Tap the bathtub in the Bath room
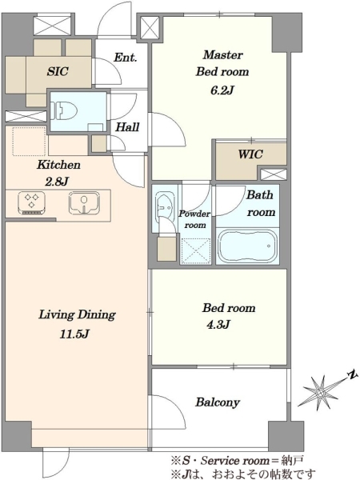coord(247,246)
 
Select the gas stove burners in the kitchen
coord(31,202)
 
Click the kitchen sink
coord(84,202)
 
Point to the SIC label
coord(58,71)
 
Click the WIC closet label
coord(250,154)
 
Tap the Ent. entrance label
coord(126,58)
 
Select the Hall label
coord(127,126)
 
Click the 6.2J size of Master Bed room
coord(222,90)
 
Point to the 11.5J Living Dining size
coord(74,334)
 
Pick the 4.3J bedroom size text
coord(218,324)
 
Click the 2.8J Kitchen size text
coord(57,182)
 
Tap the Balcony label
coord(218,402)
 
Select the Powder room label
coord(194,219)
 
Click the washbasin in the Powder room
coord(164,205)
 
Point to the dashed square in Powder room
coord(196,250)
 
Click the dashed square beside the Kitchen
coord(29,141)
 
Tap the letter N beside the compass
coord(352,374)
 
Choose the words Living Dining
coord(77,315)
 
